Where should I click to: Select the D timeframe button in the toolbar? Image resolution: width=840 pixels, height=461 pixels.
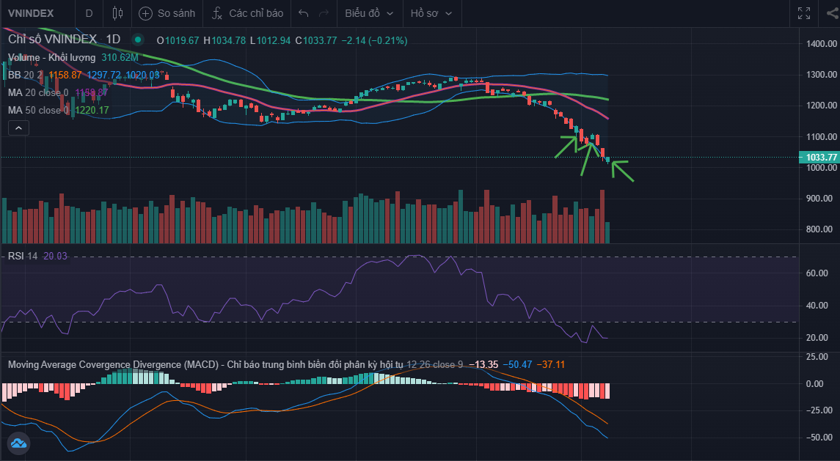[89, 13]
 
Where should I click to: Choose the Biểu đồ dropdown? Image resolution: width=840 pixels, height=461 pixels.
[369, 13]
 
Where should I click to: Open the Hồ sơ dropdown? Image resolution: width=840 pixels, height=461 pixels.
[431, 13]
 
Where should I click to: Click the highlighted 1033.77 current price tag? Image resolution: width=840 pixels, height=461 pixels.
[819, 157]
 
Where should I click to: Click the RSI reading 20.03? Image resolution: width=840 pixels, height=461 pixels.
[55, 256]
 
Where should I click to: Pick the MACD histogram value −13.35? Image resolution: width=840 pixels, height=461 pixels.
[486, 364]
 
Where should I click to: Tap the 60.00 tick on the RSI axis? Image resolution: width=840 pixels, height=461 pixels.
[817, 273]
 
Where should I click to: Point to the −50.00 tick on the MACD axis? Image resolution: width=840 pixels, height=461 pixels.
[816, 438]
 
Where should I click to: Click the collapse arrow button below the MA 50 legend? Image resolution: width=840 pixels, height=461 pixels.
[19, 128]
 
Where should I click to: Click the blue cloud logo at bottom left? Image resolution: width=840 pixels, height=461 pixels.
[18, 443]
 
